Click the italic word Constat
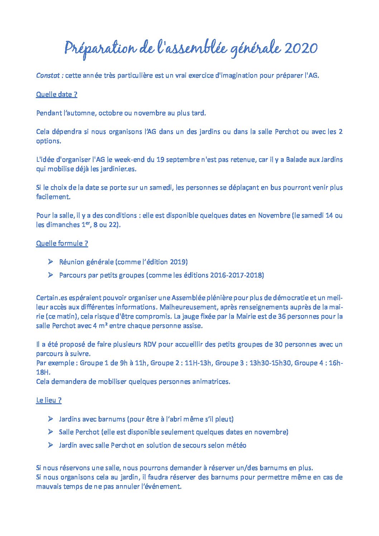point(49,76)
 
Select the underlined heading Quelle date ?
point(57,94)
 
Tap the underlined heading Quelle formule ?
point(62,243)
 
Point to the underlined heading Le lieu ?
point(49,400)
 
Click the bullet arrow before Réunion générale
point(50,262)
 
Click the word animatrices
point(211,382)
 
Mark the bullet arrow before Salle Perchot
point(50,432)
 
